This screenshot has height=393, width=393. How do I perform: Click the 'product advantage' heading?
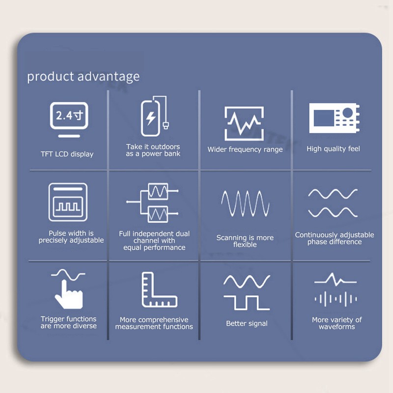(x=83, y=77)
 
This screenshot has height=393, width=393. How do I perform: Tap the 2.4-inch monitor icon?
(x=69, y=119)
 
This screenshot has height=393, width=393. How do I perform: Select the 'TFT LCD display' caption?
(x=67, y=154)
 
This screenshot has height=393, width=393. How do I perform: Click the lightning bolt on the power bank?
(x=151, y=118)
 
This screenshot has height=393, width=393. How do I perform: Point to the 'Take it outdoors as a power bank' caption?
(x=153, y=150)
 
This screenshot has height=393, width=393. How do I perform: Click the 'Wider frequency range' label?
(x=245, y=150)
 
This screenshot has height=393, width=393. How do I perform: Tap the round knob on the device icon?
(x=348, y=112)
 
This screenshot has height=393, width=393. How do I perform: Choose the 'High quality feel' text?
(x=333, y=149)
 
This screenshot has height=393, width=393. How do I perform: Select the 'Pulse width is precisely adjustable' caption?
(x=71, y=237)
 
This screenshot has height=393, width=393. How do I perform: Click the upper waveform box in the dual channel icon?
(x=158, y=191)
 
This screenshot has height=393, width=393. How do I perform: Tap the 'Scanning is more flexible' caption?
(x=245, y=241)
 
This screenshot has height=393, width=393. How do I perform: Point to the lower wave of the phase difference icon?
(x=333, y=212)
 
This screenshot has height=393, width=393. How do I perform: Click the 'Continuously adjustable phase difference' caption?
(x=335, y=238)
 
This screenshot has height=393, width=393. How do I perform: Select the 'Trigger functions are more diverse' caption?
(x=68, y=322)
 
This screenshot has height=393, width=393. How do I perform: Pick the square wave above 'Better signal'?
(x=247, y=303)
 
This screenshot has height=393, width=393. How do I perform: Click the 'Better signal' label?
(x=247, y=324)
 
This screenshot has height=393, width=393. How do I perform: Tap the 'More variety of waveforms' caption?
(x=337, y=323)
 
